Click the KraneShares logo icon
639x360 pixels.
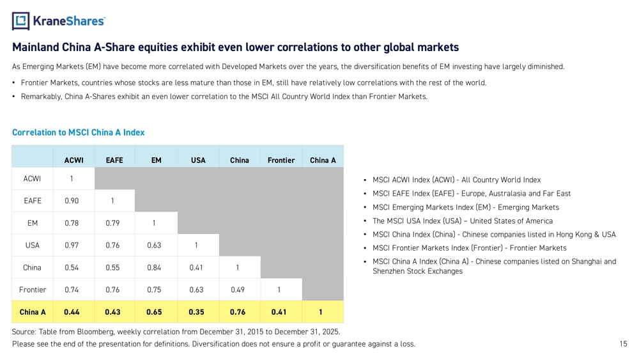(x=21, y=21)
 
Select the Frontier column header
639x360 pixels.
(x=281, y=160)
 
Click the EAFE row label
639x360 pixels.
(x=33, y=201)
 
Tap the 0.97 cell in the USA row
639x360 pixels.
(x=72, y=245)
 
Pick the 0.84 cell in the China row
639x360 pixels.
(x=154, y=267)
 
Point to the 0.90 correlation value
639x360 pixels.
(x=72, y=201)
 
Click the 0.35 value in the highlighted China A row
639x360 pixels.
(x=196, y=312)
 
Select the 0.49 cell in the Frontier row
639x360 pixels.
(x=238, y=290)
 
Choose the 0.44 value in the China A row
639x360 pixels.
(x=72, y=312)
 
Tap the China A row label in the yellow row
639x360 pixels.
(x=33, y=312)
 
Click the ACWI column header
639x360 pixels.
(x=74, y=160)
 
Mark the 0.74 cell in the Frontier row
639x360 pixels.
(x=72, y=290)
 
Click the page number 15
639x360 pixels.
(x=623, y=344)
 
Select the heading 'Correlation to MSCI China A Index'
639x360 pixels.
(x=78, y=132)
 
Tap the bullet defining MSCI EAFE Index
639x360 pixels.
(x=472, y=194)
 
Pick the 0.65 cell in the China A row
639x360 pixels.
(x=154, y=312)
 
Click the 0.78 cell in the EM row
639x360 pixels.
(x=72, y=223)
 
